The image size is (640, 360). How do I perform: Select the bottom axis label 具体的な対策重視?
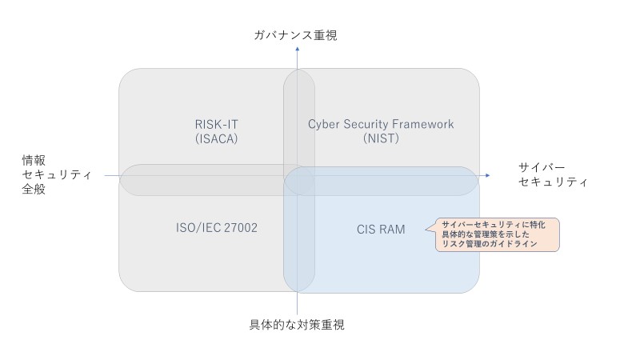[297, 325]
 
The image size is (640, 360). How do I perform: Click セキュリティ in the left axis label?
[58, 175]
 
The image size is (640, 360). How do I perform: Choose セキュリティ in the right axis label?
[553, 182]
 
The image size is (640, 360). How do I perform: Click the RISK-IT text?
[217, 124]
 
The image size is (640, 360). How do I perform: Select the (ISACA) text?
[217, 139]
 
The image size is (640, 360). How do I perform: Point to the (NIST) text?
[381, 139]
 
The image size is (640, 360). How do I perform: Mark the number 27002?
[241, 228]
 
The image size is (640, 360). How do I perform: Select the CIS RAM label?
[381, 229]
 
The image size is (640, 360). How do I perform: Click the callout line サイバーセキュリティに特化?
[494, 226]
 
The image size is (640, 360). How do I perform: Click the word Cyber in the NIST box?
[324, 124]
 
